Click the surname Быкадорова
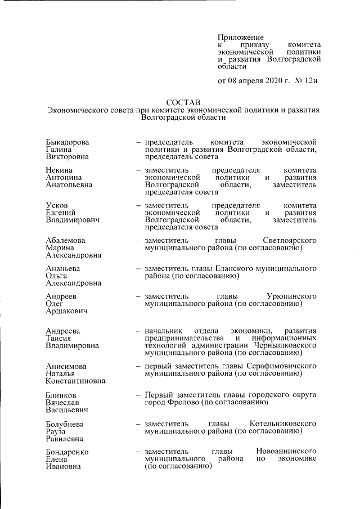click(x=69, y=142)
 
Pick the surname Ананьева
click(x=62, y=268)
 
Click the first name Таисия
click(x=60, y=338)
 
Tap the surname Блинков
click(x=61, y=394)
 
